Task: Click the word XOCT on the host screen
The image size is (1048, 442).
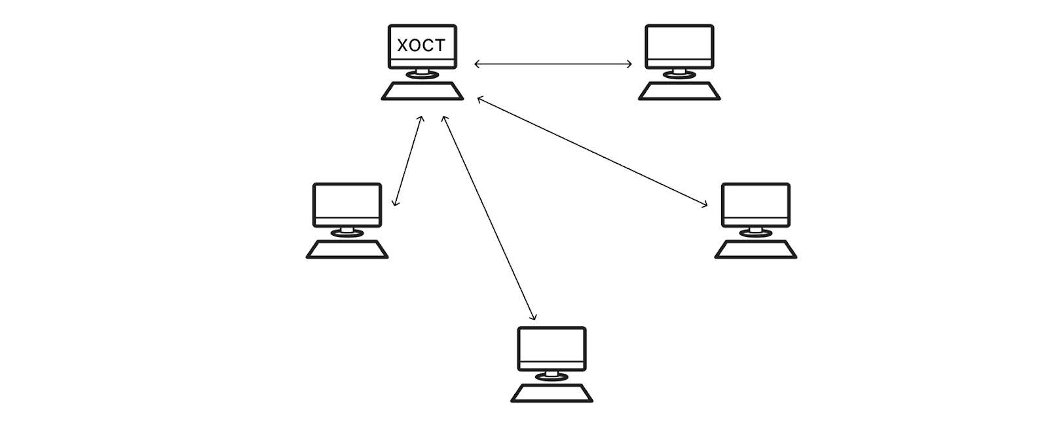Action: point(421,45)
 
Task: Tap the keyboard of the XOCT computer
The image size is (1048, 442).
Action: point(422,91)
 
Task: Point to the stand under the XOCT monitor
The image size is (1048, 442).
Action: point(422,73)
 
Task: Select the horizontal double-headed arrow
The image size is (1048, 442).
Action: point(553,64)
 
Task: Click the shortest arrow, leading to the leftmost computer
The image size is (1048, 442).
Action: point(407,161)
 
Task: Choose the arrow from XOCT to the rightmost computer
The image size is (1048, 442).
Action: point(593,152)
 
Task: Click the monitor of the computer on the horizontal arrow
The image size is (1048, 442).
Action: point(679,46)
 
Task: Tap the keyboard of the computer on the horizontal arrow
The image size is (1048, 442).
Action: point(679,91)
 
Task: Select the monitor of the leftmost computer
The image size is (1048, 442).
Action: point(347,204)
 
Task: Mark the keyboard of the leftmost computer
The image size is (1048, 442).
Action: point(347,249)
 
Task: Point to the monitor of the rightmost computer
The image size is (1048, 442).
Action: point(755,204)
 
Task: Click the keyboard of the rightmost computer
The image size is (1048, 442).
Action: point(755,249)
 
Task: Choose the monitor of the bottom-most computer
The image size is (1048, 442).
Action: point(552,348)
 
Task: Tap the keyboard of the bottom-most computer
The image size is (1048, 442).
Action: point(552,393)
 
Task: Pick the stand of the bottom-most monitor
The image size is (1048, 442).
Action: point(552,375)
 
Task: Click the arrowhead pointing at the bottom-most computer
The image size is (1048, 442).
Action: point(534,318)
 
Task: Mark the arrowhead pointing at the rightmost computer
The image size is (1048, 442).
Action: point(705,205)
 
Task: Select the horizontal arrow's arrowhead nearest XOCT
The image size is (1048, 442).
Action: point(477,64)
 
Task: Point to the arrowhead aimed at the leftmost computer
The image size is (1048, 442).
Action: point(394,203)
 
